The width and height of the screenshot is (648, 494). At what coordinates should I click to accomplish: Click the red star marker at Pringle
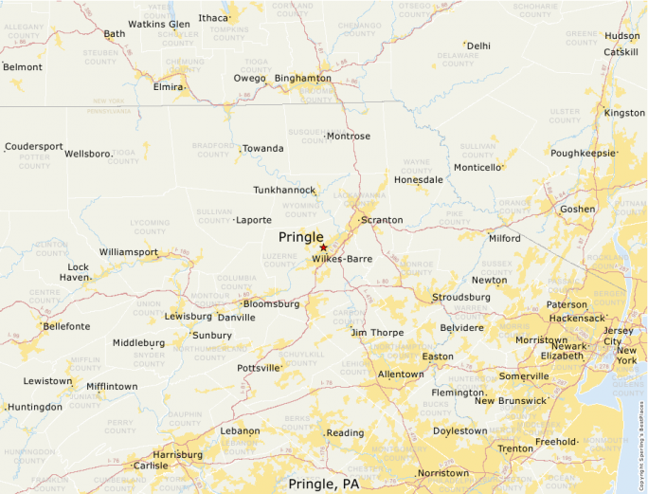point(323,247)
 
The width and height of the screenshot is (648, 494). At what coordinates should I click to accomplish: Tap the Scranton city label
point(381,220)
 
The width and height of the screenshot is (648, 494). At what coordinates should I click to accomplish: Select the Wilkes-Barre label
point(342,259)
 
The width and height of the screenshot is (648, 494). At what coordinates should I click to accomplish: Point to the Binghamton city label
point(302,78)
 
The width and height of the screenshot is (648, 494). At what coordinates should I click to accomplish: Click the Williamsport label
point(128,252)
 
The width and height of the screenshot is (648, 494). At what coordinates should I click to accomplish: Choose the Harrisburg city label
point(177,454)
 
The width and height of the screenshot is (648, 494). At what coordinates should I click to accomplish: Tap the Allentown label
point(401,375)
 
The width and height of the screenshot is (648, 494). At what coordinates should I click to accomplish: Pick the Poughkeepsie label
point(583,153)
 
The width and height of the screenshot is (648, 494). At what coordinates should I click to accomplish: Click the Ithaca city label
point(213,18)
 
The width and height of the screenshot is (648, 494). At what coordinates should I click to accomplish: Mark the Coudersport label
point(34,147)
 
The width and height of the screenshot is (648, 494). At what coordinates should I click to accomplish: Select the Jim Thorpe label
point(377,333)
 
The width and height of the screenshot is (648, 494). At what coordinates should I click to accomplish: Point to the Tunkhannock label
point(284,191)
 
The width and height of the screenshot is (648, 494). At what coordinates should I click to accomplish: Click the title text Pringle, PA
point(324,484)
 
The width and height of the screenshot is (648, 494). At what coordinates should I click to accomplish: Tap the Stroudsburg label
point(461,297)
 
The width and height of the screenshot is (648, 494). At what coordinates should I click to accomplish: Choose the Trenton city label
point(516,448)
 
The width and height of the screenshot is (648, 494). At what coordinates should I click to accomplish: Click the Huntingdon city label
point(34,407)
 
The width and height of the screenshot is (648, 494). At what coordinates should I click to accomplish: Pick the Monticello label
point(477,168)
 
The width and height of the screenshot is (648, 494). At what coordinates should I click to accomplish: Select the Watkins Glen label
point(158,24)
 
